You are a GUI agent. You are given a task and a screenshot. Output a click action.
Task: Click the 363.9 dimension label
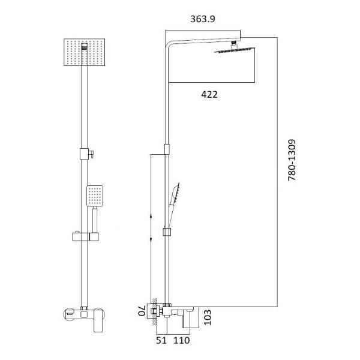tap(203, 19)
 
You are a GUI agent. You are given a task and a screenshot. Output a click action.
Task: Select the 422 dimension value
tap(209, 94)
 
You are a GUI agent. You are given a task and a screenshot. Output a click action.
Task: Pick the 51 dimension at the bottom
tap(161, 341)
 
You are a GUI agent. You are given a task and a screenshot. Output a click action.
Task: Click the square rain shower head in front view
tap(84, 53)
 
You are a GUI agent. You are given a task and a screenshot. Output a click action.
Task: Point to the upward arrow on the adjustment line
tap(150, 214)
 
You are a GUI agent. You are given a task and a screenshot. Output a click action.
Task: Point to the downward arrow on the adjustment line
tap(150, 239)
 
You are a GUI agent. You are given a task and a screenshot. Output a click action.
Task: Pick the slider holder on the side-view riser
tap(166, 232)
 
